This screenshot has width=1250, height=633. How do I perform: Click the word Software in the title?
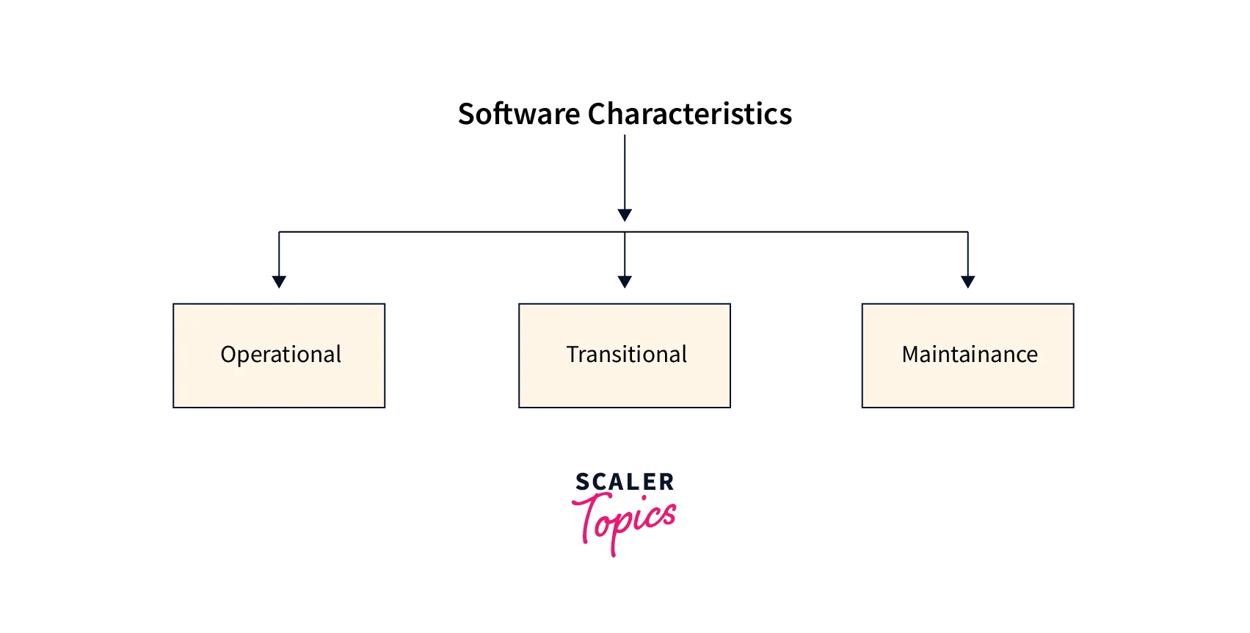click(x=519, y=115)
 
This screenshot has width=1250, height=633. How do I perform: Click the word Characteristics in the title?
click(x=689, y=115)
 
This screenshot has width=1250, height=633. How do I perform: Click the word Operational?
click(x=281, y=355)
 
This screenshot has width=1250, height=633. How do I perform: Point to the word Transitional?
click(x=627, y=355)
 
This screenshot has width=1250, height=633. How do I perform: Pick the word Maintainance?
click(x=970, y=355)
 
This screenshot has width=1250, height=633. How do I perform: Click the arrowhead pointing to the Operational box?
click(x=279, y=281)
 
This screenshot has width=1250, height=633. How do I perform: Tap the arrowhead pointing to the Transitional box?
click(x=625, y=281)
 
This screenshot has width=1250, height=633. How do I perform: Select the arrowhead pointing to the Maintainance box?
click(x=968, y=281)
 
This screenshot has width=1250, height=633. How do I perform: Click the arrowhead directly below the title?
click(x=625, y=215)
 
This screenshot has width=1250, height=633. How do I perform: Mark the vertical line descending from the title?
click(x=625, y=173)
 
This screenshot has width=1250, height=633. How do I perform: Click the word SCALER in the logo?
click(x=625, y=482)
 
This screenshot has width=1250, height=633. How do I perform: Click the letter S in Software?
click(x=466, y=115)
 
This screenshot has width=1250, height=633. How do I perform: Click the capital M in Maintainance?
click(x=911, y=355)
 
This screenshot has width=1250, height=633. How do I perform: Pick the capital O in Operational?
click(x=229, y=355)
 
